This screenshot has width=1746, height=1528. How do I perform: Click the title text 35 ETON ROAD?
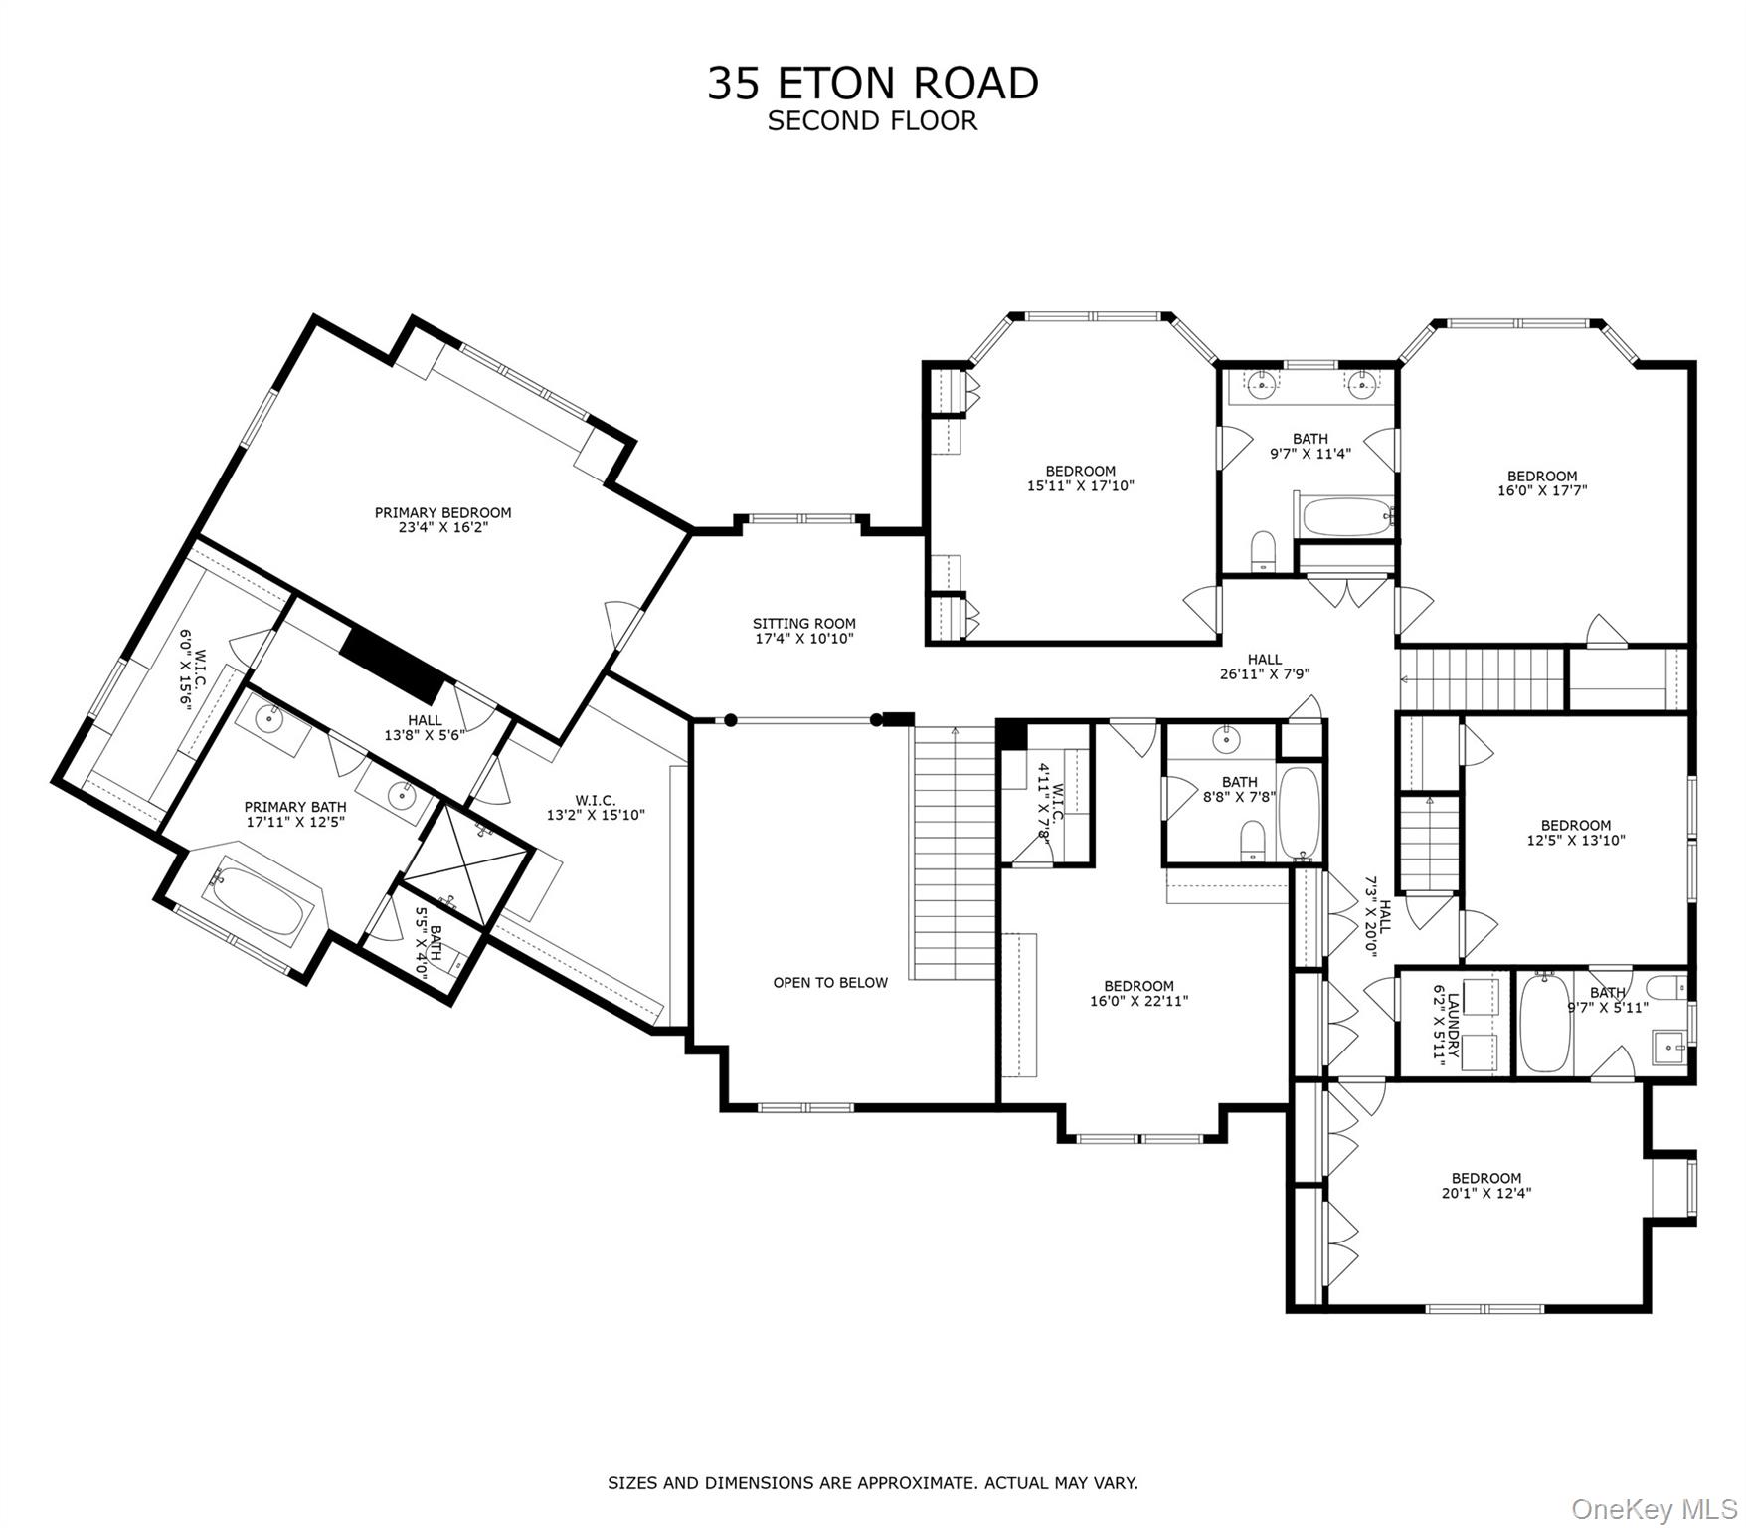(872, 84)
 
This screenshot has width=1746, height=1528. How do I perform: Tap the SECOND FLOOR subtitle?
(872, 121)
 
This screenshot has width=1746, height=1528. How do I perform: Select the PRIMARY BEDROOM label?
(442, 513)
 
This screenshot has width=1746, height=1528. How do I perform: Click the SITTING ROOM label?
(803, 624)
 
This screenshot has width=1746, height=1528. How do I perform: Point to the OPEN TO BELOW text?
(830, 983)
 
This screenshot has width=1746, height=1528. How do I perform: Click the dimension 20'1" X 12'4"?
(1485, 1193)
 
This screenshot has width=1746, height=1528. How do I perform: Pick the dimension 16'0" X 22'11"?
(1138, 1001)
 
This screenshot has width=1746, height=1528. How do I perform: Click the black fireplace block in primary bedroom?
(391, 664)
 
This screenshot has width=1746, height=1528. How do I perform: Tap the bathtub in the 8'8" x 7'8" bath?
(1299, 812)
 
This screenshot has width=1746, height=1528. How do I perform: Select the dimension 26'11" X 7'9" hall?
(1265, 673)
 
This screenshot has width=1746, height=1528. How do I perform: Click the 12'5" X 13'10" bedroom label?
(1575, 832)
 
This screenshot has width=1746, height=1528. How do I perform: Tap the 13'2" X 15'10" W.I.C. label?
(595, 808)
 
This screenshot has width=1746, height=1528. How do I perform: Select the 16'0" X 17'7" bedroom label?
(1541, 482)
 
